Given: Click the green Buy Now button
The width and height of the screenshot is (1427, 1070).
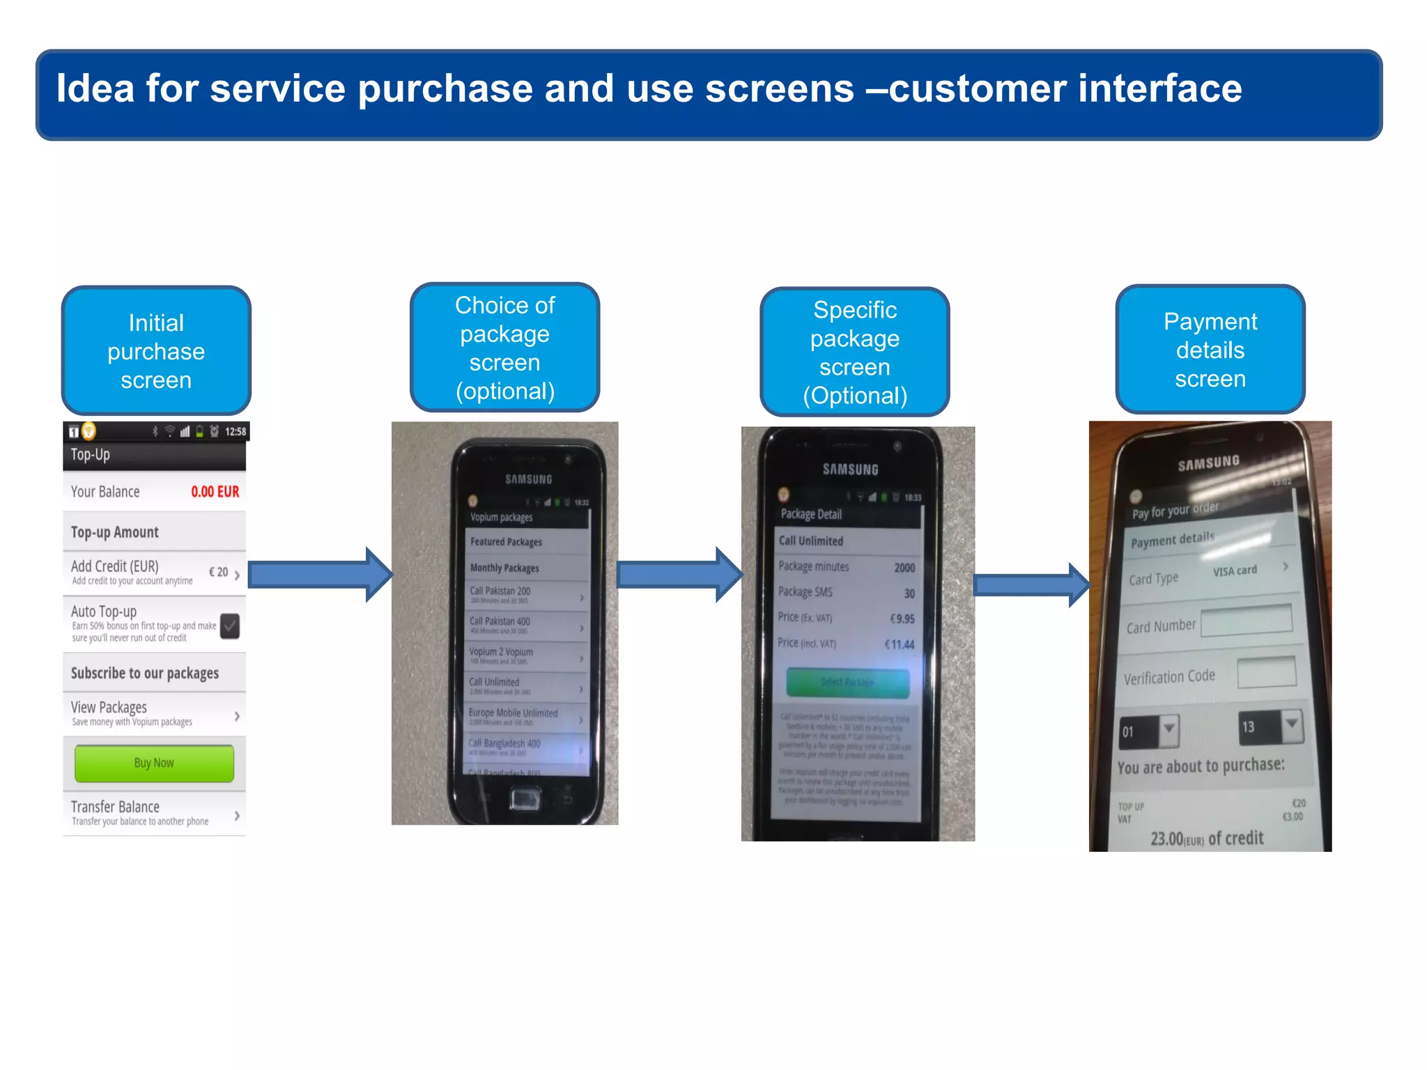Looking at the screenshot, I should (x=154, y=763).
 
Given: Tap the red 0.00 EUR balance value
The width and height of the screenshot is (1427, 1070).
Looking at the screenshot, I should (x=215, y=492).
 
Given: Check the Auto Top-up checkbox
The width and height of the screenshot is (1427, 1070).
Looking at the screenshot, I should (x=230, y=626).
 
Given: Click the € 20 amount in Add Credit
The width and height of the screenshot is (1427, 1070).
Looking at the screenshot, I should (x=219, y=572).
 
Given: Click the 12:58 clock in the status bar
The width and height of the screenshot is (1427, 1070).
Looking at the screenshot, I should (x=236, y=432).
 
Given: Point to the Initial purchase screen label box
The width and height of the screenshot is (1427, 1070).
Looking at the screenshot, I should (x=156, y=350).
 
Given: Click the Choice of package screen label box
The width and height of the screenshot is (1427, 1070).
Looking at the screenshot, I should (x=504, y=347).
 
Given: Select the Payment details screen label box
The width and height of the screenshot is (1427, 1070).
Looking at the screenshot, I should (x=1210, y=350).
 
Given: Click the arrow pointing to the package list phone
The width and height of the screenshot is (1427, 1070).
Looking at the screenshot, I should (x=320, y=575).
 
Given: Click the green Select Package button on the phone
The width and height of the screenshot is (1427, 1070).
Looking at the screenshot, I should (x=847, y=683).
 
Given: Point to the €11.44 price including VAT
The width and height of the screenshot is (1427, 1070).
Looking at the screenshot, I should (x=899, y=644).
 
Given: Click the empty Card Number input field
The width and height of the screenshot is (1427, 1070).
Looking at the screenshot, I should (x=1246, y=619).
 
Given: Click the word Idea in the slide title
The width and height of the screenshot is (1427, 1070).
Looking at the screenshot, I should (x=95, y=88).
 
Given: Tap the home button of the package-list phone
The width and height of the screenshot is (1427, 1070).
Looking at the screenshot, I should (x=524, y=798).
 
